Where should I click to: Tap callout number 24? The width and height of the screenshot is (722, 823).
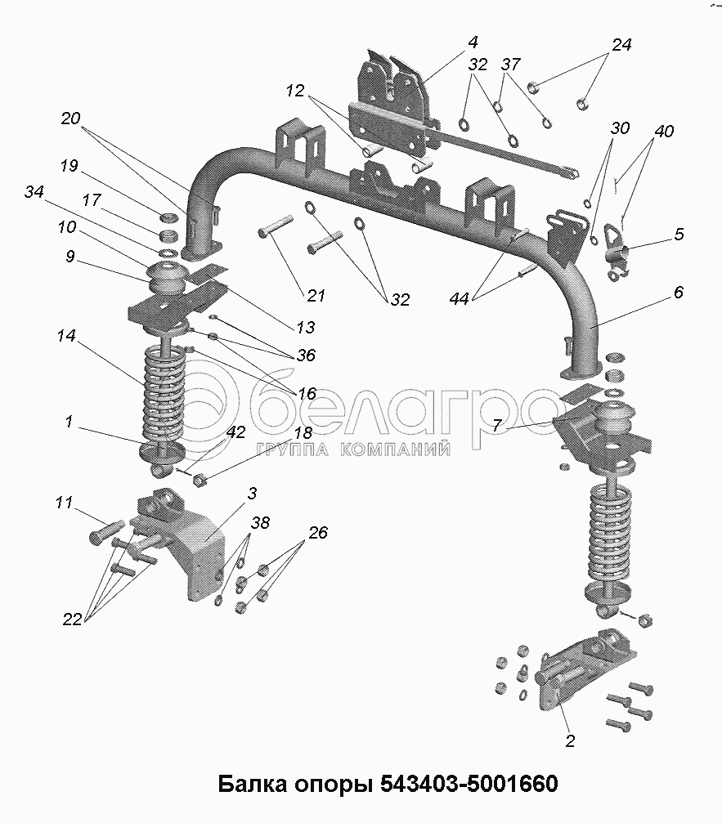[622, 46]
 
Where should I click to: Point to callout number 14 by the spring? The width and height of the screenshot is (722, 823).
[68, 335]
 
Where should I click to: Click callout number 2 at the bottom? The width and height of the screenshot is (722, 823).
[570, 742]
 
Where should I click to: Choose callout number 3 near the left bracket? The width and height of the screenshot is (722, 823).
[253, 493]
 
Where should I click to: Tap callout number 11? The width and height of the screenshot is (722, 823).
[64, 503]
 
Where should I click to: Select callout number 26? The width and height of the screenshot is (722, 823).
[317, 534]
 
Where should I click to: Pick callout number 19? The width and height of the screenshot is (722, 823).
[69, 167]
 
